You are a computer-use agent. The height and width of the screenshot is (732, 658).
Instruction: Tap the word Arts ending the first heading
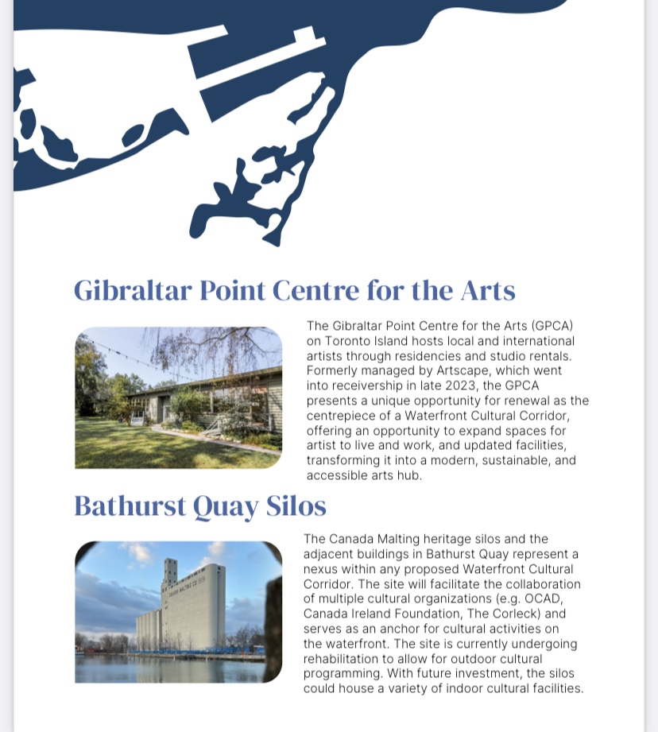tap(488, 291)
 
